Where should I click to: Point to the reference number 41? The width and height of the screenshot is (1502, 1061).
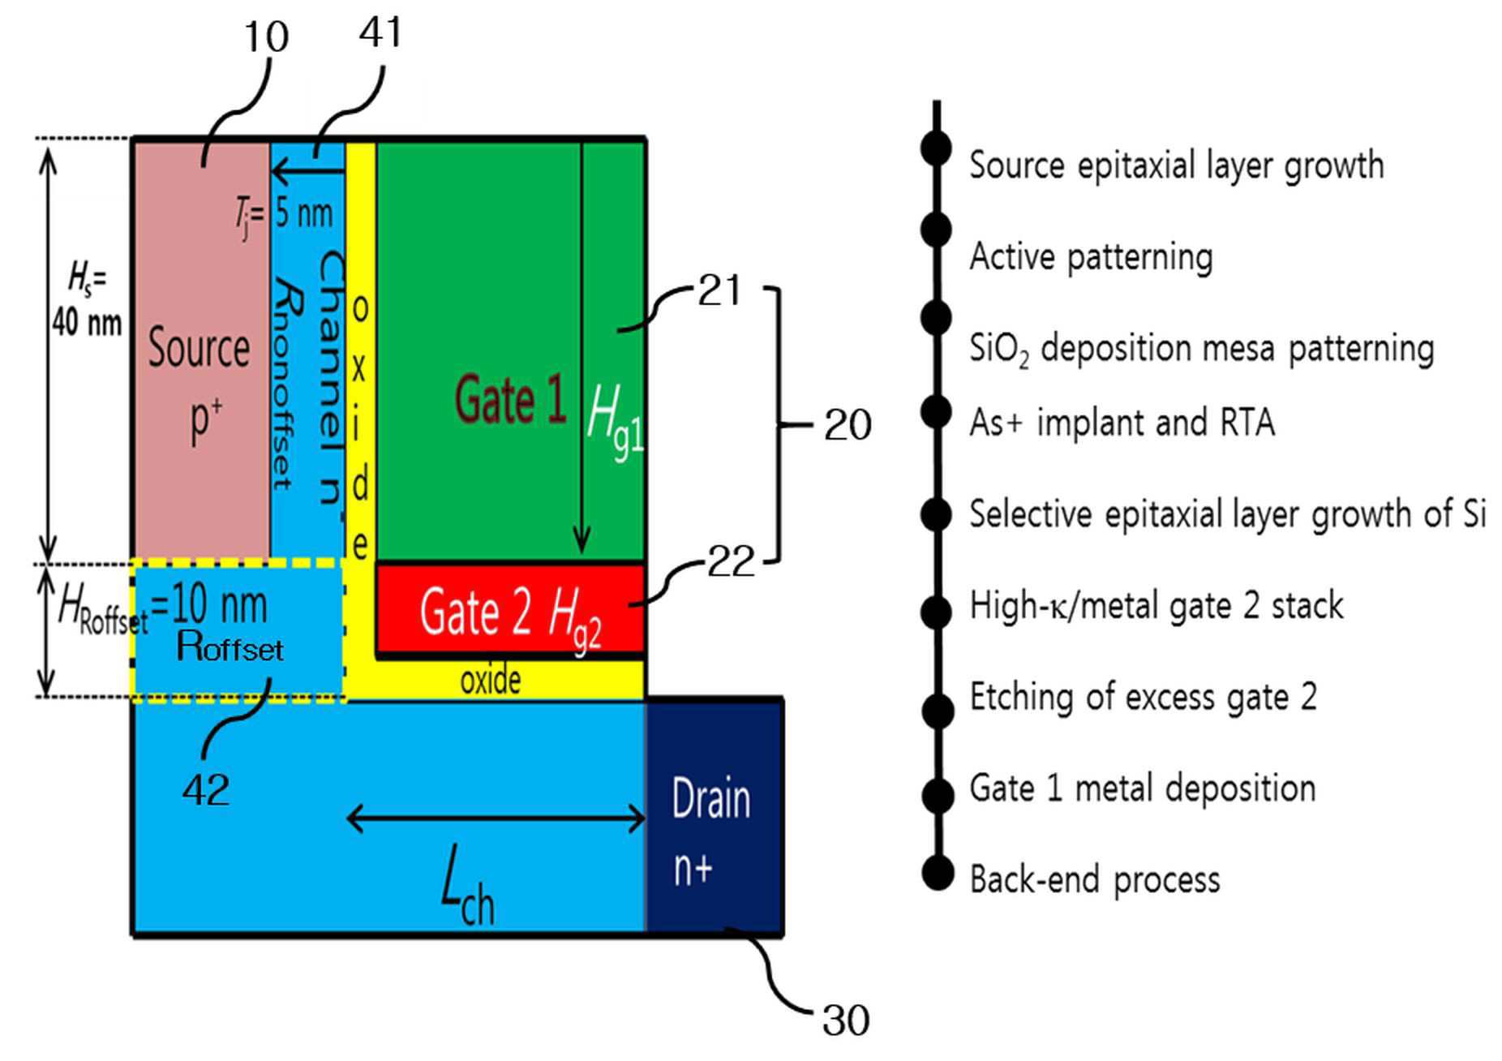click(x=380, y=32)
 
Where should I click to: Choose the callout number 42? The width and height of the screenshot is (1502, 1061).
click(x=205, y=789)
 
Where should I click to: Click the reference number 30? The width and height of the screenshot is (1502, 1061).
click(x=846, y=1020)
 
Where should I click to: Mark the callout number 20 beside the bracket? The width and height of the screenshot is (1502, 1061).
click(x=848, y=425)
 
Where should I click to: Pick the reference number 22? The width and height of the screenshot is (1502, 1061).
click(x=731, y=561)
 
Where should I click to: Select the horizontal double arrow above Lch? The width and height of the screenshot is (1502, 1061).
click(x=496, y=819)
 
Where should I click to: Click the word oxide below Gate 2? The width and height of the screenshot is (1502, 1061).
click(x=491, y=681)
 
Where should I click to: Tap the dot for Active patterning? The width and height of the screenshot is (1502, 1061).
click(x=936, y=230)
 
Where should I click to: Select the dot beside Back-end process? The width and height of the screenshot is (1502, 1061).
click(x=938, y=873)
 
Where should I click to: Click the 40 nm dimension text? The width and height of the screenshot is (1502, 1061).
click(x=87, y=323)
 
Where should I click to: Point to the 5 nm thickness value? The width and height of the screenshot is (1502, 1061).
click(x=304, y=213)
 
